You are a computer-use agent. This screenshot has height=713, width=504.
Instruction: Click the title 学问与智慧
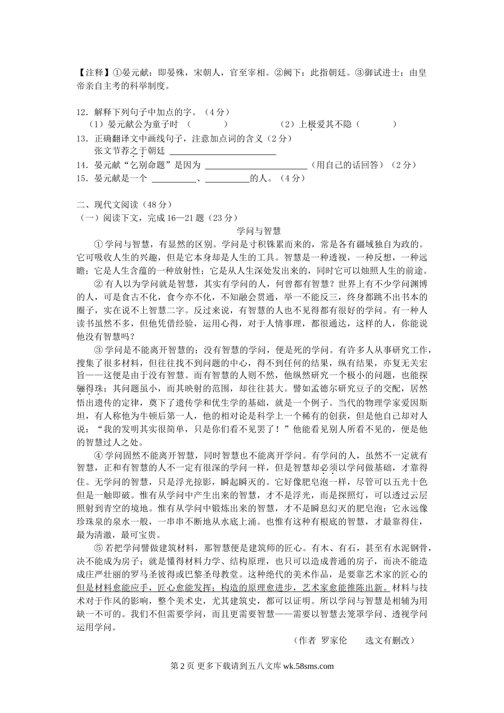258,231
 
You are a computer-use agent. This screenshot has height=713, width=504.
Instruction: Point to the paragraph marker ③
98,350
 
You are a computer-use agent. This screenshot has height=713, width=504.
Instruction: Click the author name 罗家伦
334,640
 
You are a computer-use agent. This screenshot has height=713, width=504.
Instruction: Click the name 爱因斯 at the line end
414,403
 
